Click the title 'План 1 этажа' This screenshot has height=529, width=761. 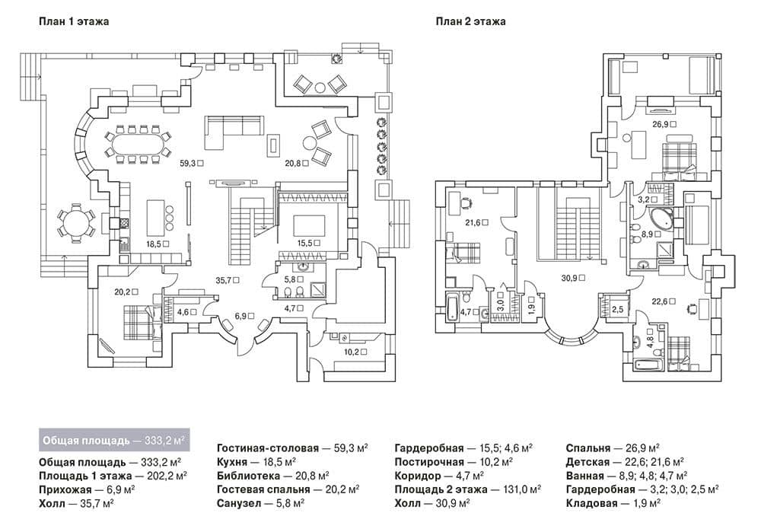(74, 21)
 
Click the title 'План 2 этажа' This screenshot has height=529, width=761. (471, 21)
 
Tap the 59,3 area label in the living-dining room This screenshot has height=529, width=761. (188, 164)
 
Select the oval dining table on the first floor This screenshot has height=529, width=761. (139, 144)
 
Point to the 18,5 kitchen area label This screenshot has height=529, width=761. (154, 244)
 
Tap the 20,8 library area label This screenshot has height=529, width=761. (293, 164)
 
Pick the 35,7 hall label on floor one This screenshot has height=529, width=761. (224, 280)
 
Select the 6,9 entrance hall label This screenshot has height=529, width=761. (240, 316)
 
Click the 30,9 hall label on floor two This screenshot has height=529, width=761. (569, 279)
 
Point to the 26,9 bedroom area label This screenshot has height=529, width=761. (661, 124)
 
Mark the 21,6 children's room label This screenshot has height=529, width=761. (473, 222)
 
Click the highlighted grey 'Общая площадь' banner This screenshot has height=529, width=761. (114, 441)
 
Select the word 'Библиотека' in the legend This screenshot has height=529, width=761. (249, 476)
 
